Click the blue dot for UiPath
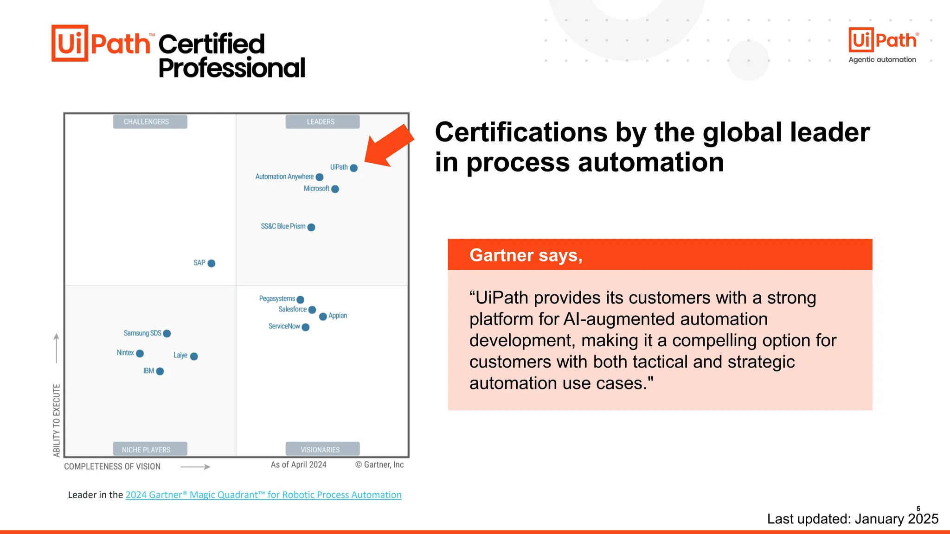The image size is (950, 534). [353, 168]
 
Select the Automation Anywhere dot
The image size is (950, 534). [319, 177]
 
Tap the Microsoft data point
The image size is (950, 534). [335, 189]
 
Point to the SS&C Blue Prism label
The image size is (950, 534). [283, 226]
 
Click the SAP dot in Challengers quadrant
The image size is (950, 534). [212, 263]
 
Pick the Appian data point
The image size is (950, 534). [323, 317]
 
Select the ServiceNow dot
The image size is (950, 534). [305, 327]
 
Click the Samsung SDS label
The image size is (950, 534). [142, 333]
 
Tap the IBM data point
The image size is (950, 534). [160, 371]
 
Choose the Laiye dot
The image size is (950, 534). [194, 356]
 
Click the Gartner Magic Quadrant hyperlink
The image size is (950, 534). [263, 495]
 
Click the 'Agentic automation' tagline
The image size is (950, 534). [882, 60]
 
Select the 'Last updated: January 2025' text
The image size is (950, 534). [852, 519]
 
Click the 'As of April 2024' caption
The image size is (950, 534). [298, 464]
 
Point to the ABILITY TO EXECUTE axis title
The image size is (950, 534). [57, 420]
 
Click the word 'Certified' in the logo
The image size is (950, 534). [212, 44]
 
